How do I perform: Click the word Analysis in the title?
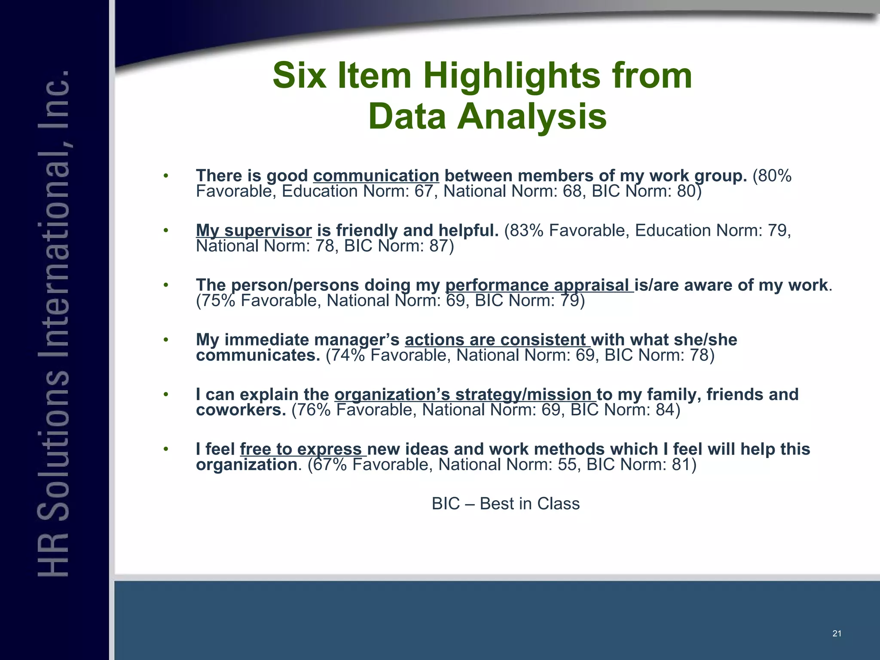coord(532,117)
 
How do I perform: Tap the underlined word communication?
coord(376,176)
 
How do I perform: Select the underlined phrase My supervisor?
coord(254,231)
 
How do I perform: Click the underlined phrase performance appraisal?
coord(539,285)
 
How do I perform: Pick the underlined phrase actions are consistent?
coord(497,340)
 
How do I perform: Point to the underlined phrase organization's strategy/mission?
coord(465,394)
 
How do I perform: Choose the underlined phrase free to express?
coord(303,449)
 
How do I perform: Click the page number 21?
coord(837,633)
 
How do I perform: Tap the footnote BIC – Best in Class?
coord(505,504)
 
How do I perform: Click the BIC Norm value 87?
coord(438,246)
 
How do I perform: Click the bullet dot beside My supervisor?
coord(166,231)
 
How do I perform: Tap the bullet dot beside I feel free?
coord(166,449)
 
